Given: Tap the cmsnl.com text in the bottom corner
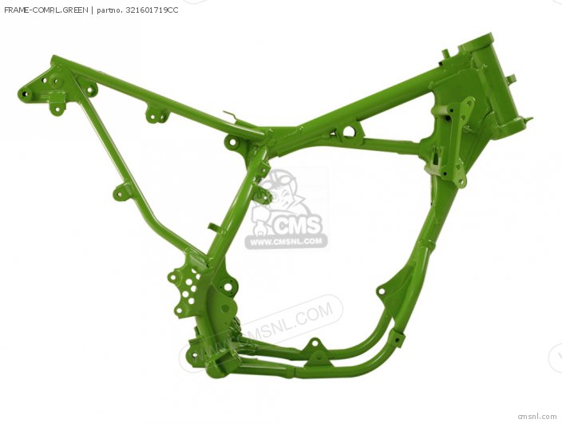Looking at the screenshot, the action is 536,416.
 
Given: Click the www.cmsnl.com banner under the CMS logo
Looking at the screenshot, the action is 286,241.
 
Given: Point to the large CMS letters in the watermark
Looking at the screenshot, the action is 297,226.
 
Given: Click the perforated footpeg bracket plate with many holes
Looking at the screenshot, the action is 185,290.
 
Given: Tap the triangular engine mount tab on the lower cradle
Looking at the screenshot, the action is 315,343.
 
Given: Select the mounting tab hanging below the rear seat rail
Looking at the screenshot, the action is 156,115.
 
